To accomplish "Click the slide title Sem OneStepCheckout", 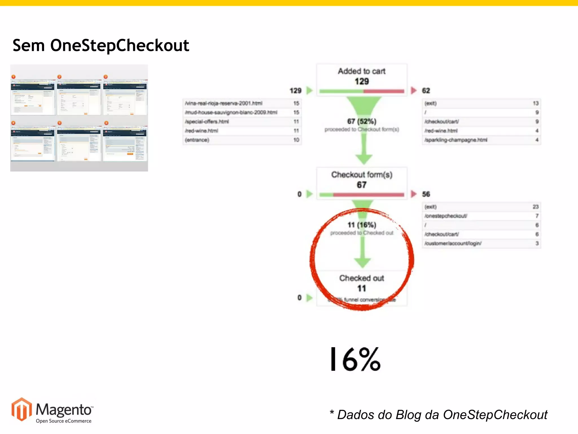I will point(101,45).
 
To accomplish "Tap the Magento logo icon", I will point(21,409).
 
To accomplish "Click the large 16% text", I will point(355,359).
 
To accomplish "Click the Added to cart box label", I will point(362,71).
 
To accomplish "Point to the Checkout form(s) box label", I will point(362,175).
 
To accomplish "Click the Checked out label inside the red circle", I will point(362,278).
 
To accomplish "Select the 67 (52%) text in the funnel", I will point(362,121).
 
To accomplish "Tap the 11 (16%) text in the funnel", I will point(362,225).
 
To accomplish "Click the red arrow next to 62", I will point(413,90).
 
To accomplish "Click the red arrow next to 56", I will point(413,194).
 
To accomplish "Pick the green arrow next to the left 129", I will point(309,90).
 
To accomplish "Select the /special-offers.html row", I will point(207,121).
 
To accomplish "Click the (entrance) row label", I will point(197,140).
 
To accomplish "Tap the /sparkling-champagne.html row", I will point(456,140).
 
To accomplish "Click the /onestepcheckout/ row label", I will point(446,216).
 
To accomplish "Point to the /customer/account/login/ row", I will point(453,243).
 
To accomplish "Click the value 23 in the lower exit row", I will point(535,207).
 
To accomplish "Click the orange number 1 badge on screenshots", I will point(13,77).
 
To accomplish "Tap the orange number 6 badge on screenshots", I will point(106,123).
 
